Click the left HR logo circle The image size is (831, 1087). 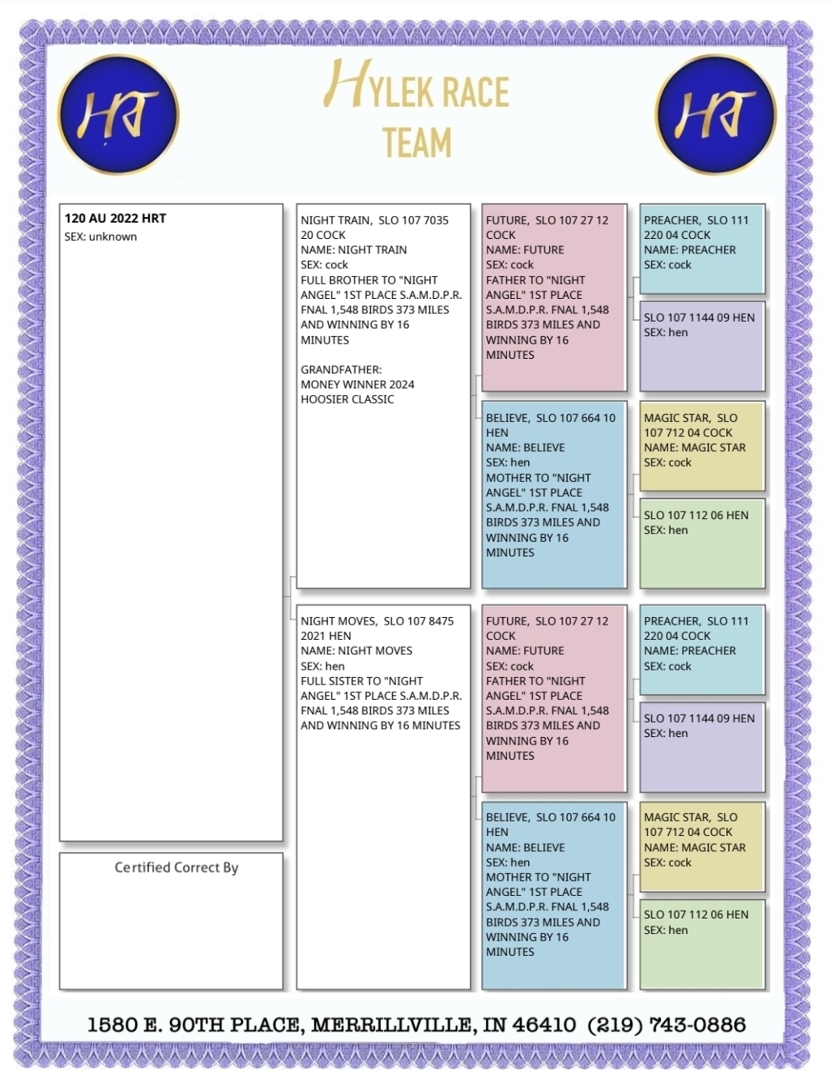pyautogui.click(x=118, y=114)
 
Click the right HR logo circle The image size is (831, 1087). pyautogui.click(x=715, y=114)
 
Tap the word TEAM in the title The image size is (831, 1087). pyautogui.click(x=417, y=143)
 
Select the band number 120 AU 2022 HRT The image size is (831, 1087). pyautogui.click(x=115, y=219)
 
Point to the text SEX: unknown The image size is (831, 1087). pyautogui.click(x=100, y=237)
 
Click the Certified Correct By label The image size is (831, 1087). pyautogui.click(x=177, y=867)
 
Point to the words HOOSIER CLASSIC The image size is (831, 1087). pyautogui.click(x=347, y=399)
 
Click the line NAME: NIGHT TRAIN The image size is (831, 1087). pyautogui.click(x=354, y=249)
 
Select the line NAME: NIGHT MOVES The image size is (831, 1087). pyautogui.click(x=356, y=650)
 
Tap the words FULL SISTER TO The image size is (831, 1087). pyautogui.click(x=338, y=681)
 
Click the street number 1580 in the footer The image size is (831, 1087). pyautogui.click(x=113, y=1025)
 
